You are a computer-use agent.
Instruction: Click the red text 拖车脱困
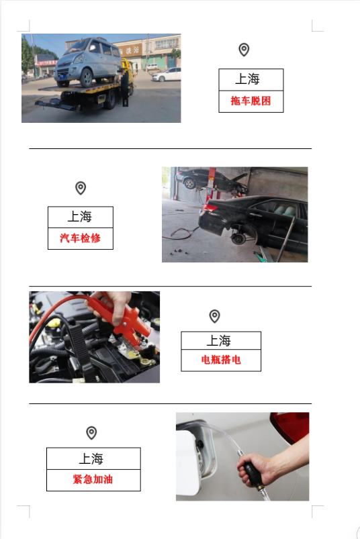pos(251,101)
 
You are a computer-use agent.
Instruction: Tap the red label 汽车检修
pos(80,238)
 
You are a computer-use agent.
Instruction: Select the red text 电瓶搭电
pos(221,360)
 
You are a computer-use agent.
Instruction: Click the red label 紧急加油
pos(93,480)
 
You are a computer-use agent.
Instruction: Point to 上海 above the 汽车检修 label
pos(79,217)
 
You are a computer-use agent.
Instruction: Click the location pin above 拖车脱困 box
pos(244,50)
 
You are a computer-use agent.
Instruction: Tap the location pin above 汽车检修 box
pos(81,188)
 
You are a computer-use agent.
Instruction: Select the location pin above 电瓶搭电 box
pos(214,315)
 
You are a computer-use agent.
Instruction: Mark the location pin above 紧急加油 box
pos(91,432)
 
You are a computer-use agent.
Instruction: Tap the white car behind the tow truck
pos(167,74)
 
